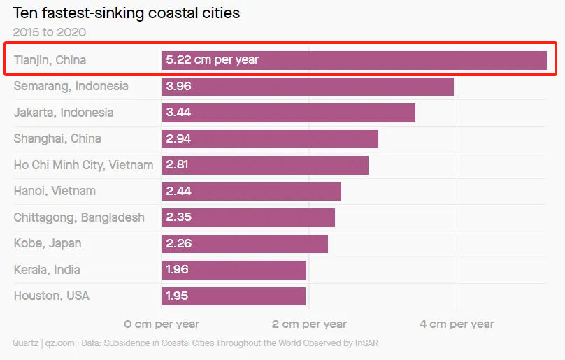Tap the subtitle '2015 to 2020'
(50, 32)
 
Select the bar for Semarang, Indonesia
(308, 87)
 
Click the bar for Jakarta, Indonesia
(289, 113)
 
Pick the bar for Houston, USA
(234, 296)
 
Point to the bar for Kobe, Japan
(245, 243)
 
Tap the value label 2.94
(178, 138)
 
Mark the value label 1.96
(178, 270)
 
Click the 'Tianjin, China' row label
(50, 60)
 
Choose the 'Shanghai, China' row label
(57, 138)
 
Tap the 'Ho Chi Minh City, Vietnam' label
(83, 165)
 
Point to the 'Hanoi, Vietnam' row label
(55, 191)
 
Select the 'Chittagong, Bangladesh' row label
(79, 217)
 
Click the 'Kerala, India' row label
(47, 270)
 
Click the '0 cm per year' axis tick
(162, 324)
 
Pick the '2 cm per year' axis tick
(309, 324)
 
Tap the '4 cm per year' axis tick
(457, 324)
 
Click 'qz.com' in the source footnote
(58, 343)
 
